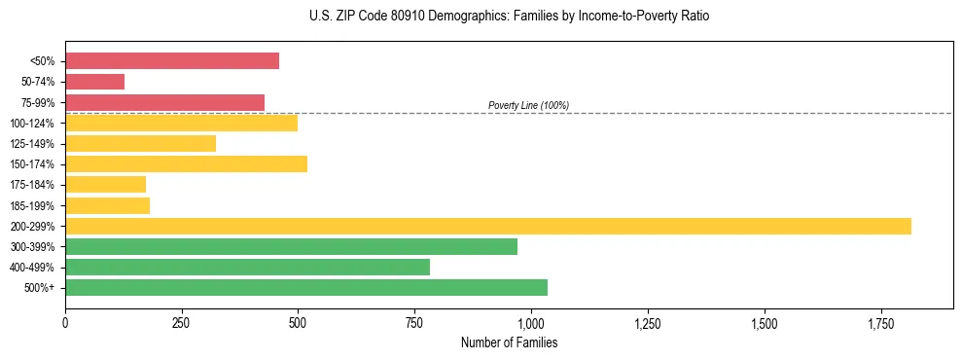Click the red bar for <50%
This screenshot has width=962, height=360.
(172, 61)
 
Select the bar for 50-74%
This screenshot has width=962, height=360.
(94, 82)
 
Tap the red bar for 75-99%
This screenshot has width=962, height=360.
(164, 102)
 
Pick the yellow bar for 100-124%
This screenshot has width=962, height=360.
(181, 123)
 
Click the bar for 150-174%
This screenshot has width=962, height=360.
(186, 164)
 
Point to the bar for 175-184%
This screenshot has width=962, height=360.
(105, 185)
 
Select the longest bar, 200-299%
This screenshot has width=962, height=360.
(487, 226)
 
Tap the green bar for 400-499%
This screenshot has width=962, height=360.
(247, 267)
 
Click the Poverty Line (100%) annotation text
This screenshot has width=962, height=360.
(528, 105)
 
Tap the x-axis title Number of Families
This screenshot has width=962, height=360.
(509, 342)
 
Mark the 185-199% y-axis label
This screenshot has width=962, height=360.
(32, 205)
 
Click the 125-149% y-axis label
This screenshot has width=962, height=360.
(32, 144)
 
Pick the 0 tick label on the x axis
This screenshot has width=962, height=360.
(65, 322)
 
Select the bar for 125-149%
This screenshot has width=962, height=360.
(140, 143)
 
